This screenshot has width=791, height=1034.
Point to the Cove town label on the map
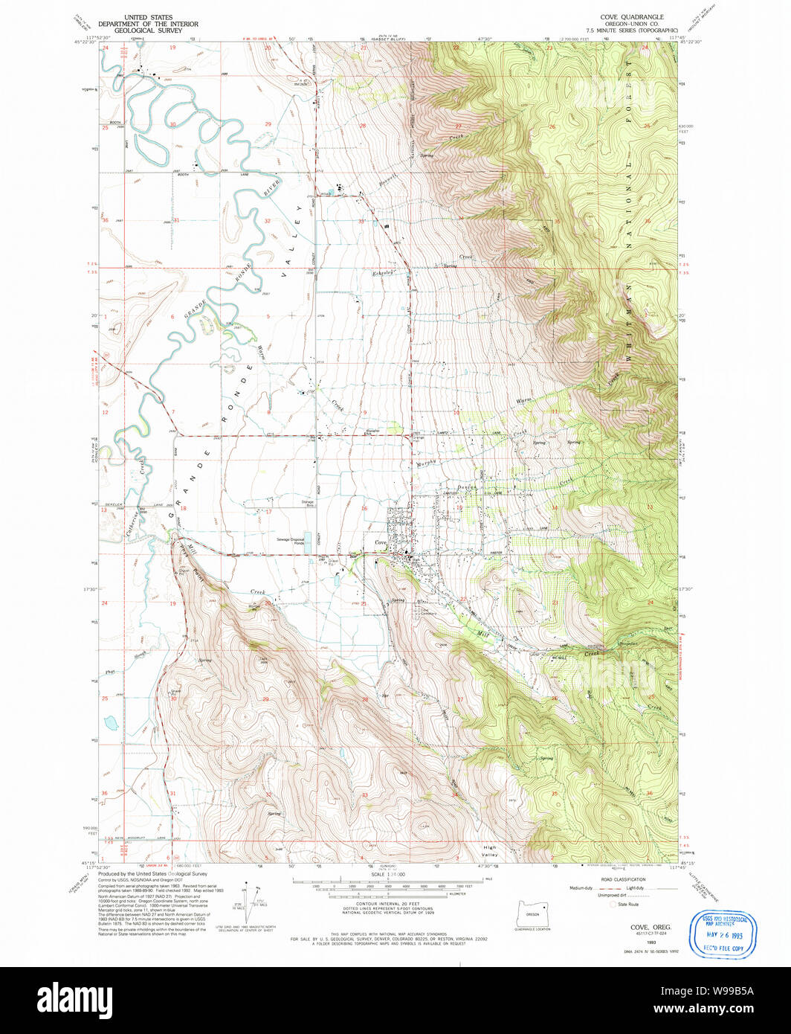(x=380, y=544)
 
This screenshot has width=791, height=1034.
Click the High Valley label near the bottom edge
(x=489, y=851)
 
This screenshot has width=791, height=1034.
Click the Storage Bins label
(x=308, y=504)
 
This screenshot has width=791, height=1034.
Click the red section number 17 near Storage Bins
(x=270, y=512)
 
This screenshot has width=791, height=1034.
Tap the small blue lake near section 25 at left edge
(x=110, y=722)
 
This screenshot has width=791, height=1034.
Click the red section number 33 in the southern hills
(x=364, y=795)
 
